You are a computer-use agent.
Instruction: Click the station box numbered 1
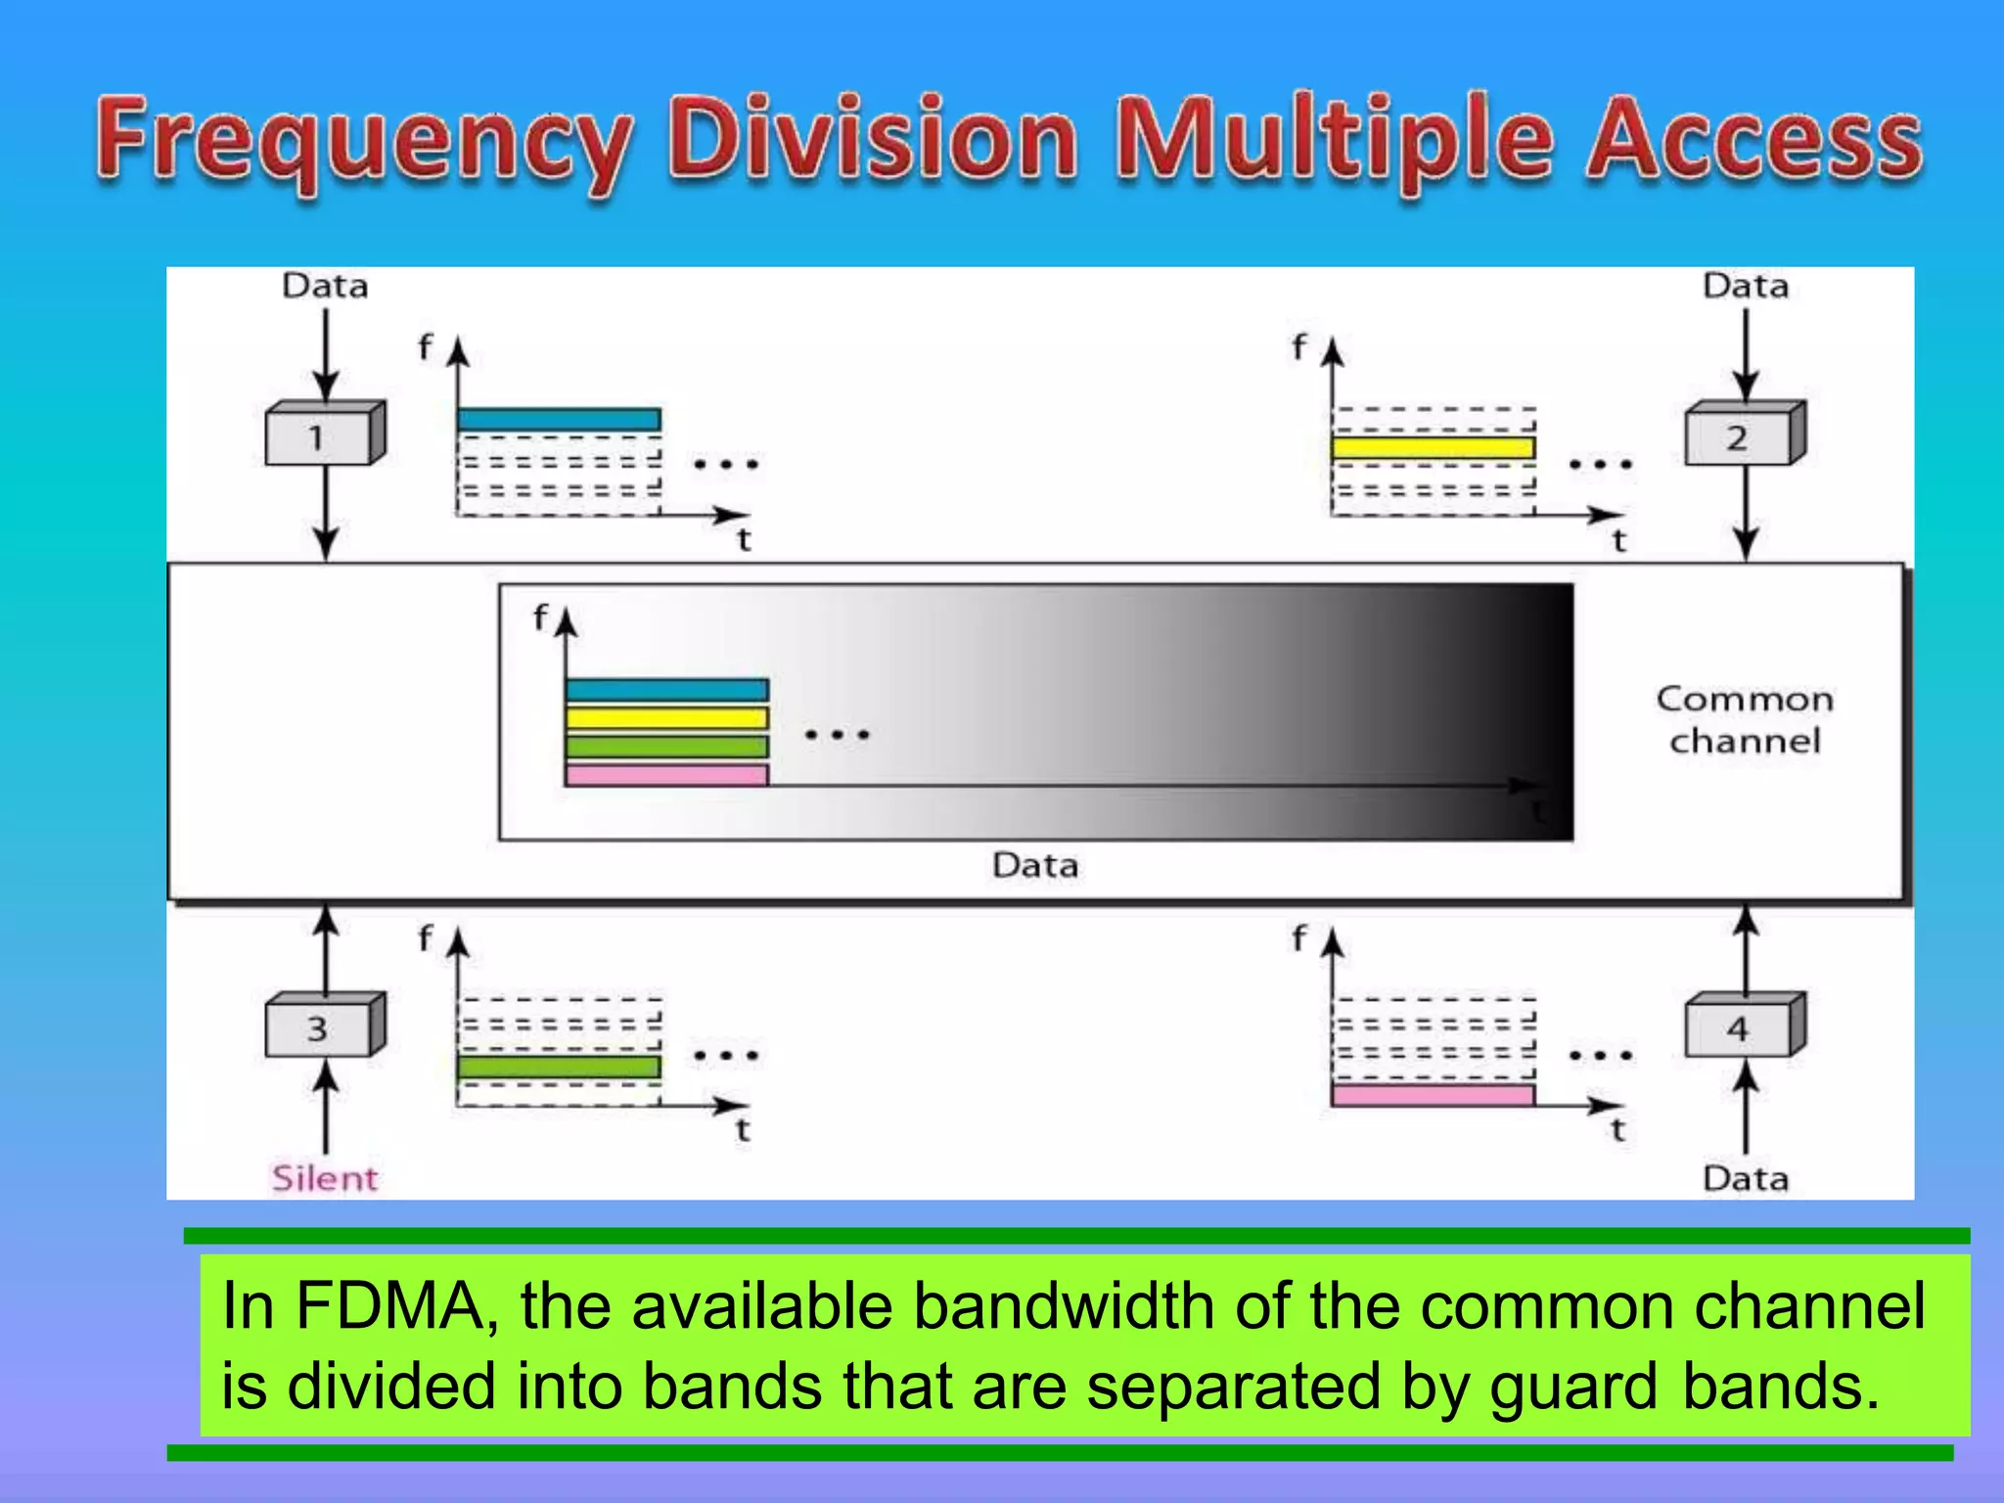[318, 436]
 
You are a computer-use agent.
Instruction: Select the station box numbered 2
[1738, 436]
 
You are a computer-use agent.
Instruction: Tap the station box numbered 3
[318, 1028]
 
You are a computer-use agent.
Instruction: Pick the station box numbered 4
[1738, 1028]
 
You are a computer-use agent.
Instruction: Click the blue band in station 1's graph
[559, 420]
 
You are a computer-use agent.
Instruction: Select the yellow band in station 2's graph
[1433, 448]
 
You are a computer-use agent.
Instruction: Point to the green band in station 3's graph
[559, 1067]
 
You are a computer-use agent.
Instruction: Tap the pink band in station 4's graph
[1433, 1095]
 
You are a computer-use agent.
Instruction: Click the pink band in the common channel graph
[666, 775]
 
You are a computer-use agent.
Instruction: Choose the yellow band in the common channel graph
[666, 718]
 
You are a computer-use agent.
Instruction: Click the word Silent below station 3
[325, 1178]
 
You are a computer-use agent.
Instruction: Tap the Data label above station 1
[325, 286]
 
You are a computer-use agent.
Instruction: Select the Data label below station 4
[1746, 1178]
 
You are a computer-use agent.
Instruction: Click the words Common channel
[1745, 720]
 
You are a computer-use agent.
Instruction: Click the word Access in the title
[1753, 142]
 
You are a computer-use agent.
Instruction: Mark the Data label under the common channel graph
[1035, 865]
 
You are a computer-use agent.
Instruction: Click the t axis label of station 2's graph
[1618, 540]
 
